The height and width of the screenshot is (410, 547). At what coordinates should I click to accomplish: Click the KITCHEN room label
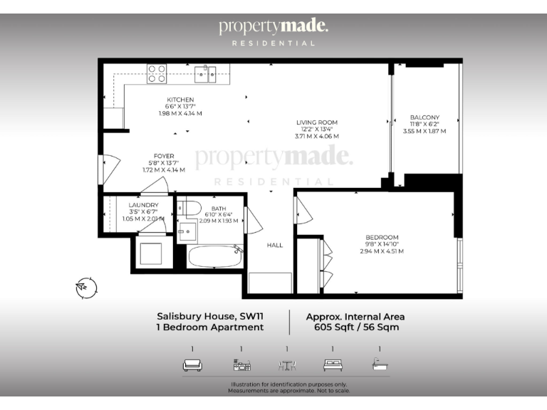tap(180, 100)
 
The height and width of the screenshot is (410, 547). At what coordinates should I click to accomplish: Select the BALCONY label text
tap(424, 117)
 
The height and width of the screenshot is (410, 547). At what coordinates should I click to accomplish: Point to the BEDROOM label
tap(382, 237)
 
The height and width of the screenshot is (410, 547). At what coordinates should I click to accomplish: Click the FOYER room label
tap(164, 156)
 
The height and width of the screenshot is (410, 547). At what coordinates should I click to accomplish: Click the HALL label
tap(275, 245)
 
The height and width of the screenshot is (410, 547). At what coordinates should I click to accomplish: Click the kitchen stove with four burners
tap(157, 73)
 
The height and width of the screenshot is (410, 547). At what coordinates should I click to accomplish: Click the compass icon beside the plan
tap(85, 287)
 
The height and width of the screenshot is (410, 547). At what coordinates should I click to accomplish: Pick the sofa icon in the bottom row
tap(192, 365)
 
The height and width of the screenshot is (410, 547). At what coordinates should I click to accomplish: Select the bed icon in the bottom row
tap(333, 365)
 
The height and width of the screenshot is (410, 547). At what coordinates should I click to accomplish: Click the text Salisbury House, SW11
tap(210, 316)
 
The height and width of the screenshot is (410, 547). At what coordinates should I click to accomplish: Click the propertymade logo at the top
tap(273, 27)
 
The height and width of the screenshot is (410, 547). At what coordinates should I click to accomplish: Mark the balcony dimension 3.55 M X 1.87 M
tap(424, 131)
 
